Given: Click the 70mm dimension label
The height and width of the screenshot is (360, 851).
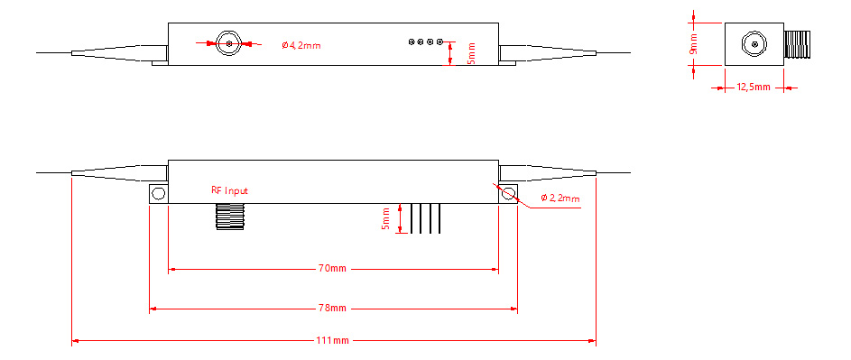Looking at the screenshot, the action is pyautogui.click(x=333, y=268).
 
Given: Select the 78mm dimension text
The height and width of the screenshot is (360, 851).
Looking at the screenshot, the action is pyautogui.click(x=333, y=309).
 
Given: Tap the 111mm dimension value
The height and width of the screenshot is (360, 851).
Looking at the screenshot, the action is pyautogui.click(x=333, y=340).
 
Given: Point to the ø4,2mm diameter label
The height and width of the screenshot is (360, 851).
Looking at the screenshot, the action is pyautogui.click(x=301, y=46).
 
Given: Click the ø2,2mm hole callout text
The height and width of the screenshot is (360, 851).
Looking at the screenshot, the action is pyautogui.click(x=560, y=198).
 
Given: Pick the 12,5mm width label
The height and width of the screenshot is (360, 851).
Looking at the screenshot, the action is pyautogui.click(x=753, y=88).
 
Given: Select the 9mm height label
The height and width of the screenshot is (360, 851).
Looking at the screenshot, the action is pyautogui.click(x=693, y=44).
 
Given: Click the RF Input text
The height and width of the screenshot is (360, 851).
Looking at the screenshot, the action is pyautogui.click(x=229, y=190).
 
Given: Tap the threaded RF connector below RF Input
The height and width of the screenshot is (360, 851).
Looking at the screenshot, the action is pyautogui.click(x=230, y=217).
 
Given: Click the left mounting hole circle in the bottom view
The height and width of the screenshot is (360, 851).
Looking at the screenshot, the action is pyautogui.click(x=159, y=193).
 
